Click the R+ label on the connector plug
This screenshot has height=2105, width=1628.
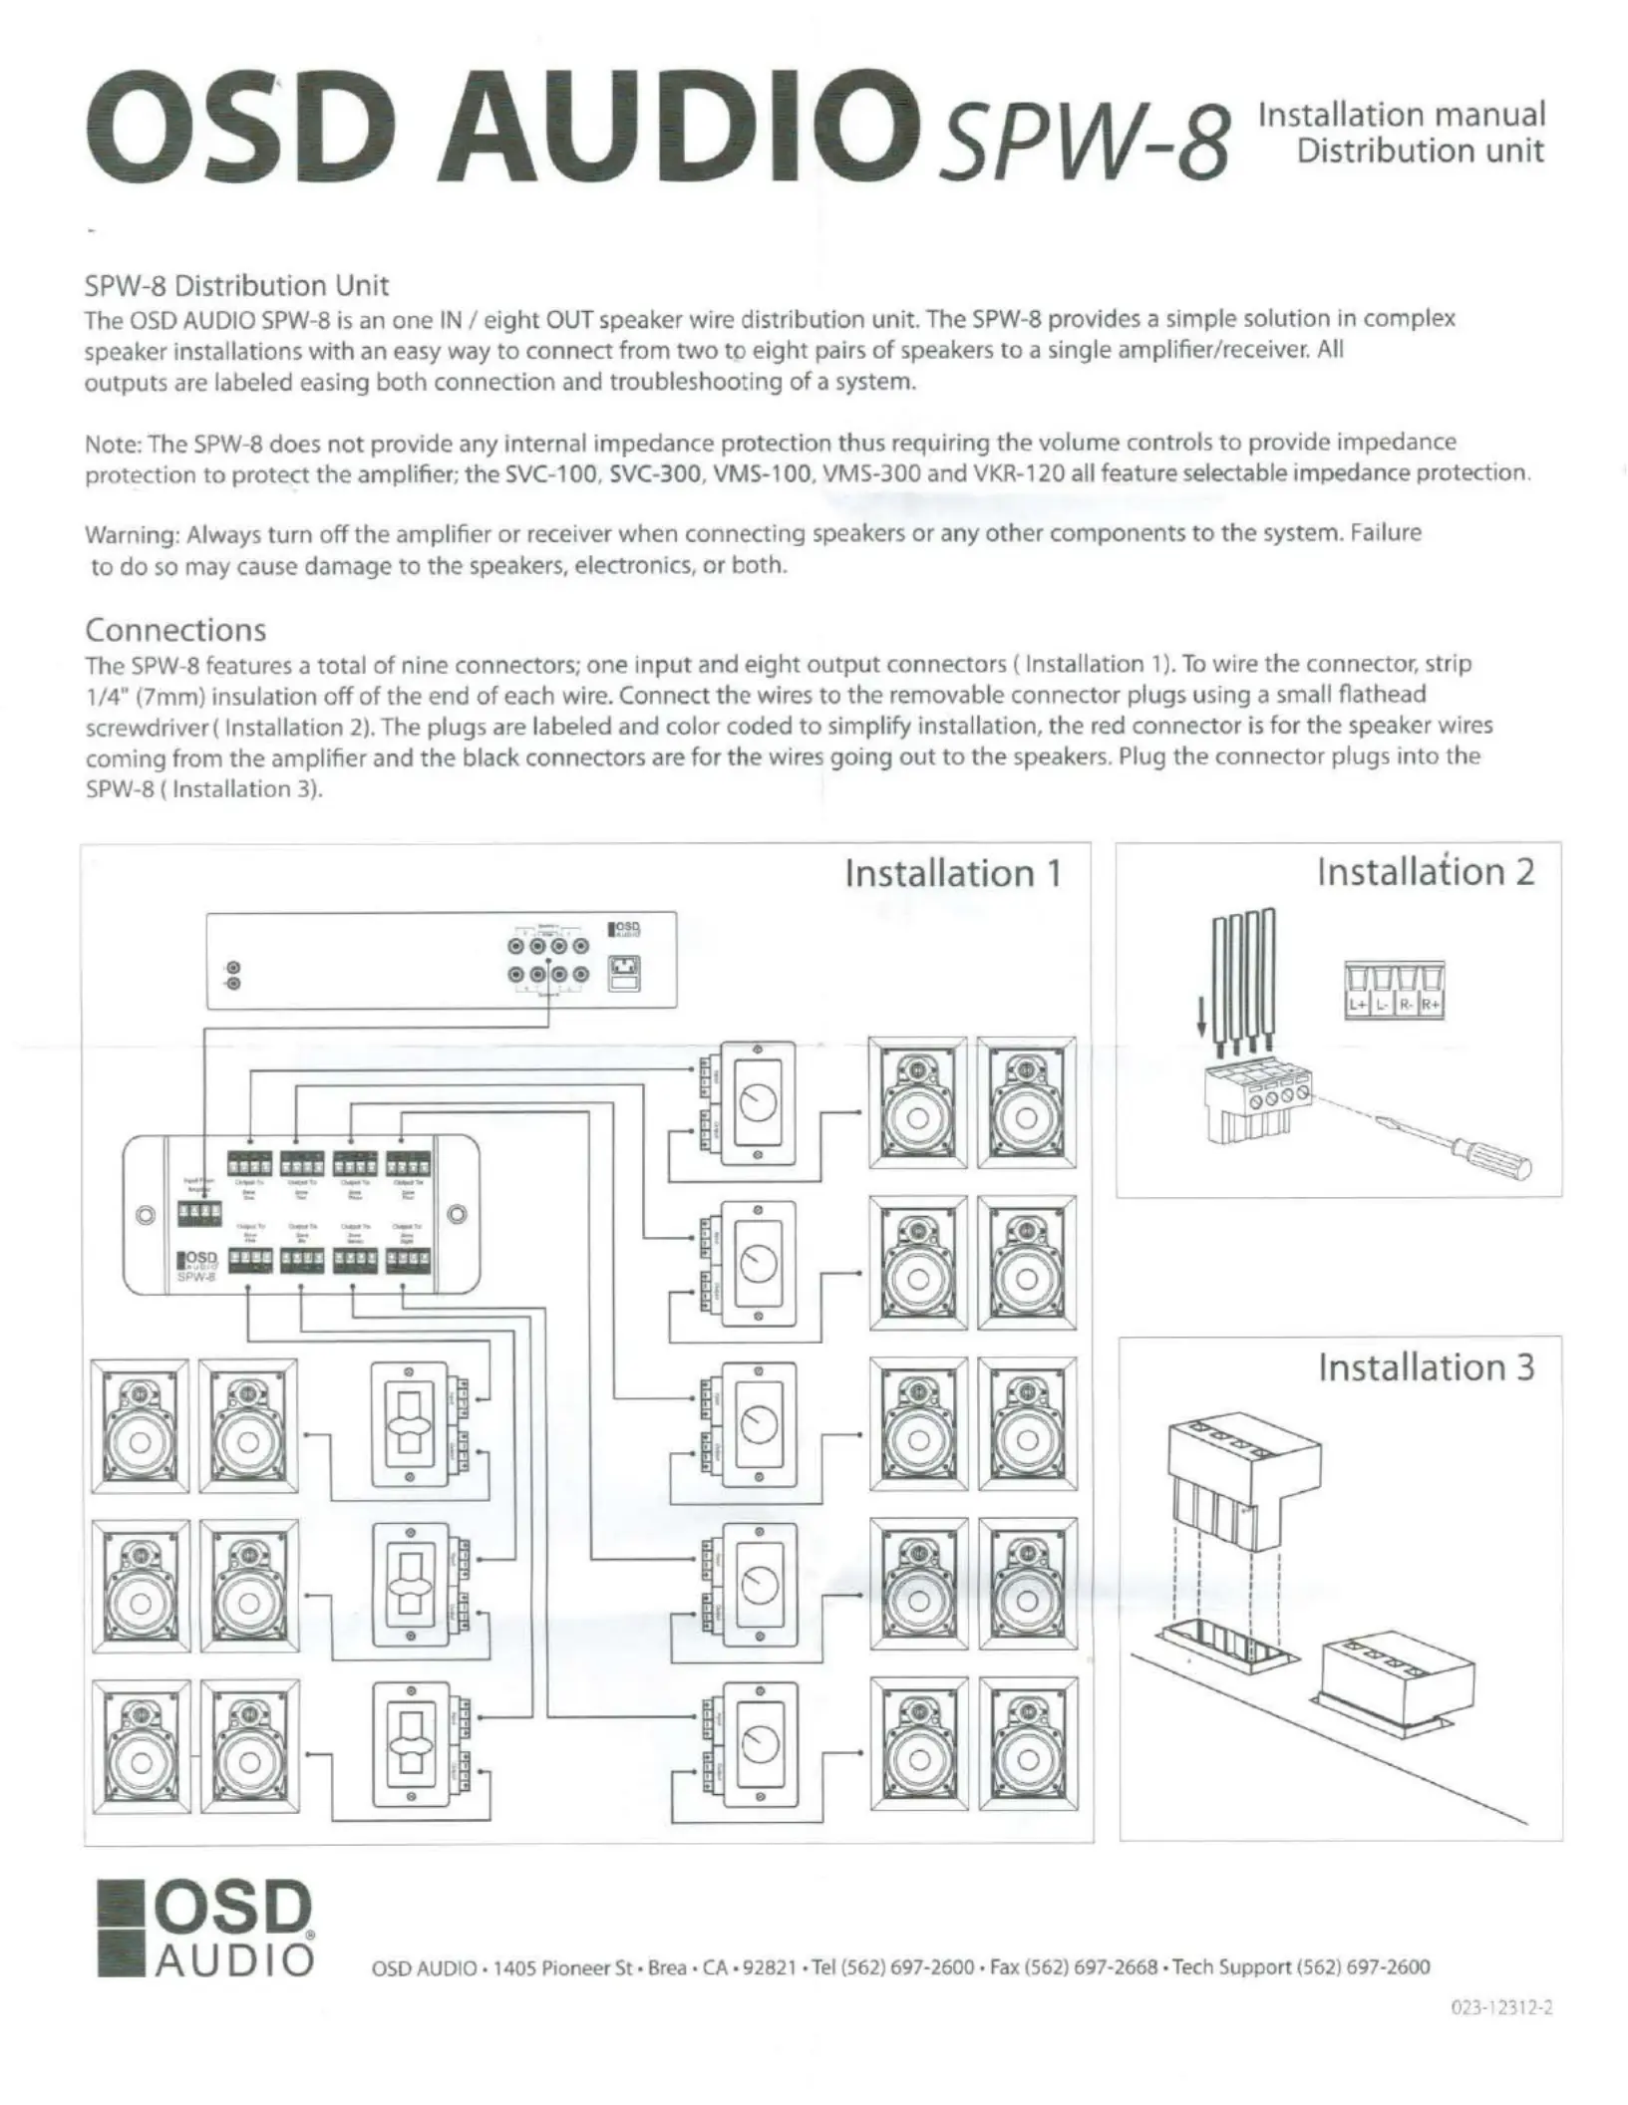pos(1432,1004)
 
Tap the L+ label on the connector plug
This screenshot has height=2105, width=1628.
pos(1358,1004)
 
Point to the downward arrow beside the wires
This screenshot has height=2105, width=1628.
pos(1202,1031)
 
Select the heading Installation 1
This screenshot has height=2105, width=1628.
pos(953,873)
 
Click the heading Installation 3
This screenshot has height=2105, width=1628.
pos(1426,1366)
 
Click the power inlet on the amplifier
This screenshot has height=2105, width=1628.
pos(625,973)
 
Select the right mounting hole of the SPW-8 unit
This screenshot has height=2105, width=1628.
pos(457,1215)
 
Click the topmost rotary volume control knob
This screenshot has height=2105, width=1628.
pos(758,1103)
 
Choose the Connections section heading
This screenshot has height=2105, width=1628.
pos(175,630)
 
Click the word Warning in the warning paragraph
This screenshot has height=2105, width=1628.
pos(131,534)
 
